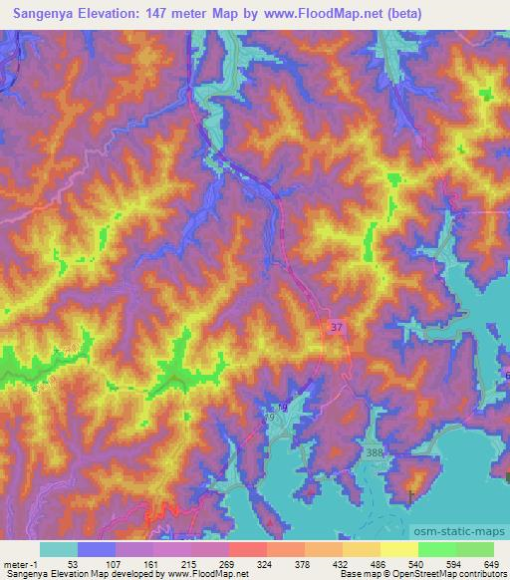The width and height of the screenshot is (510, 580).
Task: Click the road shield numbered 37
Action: (x=338, y=326)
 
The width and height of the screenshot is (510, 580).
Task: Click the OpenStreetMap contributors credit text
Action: (x=449, y=575)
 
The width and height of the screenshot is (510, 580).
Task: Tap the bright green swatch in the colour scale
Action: (x=436, y=549)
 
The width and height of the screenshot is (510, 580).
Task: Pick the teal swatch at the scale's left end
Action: (x=59, y=549)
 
